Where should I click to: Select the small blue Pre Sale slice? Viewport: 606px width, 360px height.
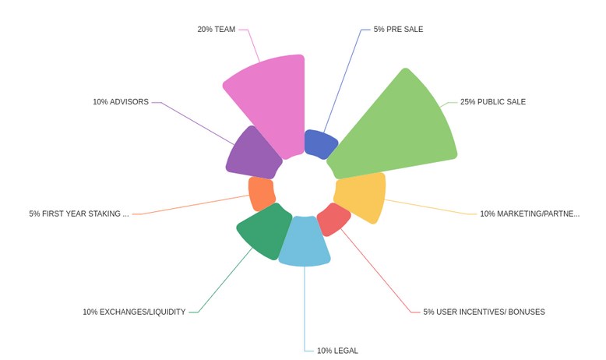[x=319, y=144]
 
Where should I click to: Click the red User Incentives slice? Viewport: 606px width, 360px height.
[x=333, y=219]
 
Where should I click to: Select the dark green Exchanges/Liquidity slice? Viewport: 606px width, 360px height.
[x=266, y=231]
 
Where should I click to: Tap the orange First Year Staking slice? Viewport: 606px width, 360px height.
[x=262, y=193]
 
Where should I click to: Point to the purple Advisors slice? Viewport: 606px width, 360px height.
[x=252, y=154]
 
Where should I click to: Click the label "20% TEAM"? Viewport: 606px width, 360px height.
[x=216, y=30]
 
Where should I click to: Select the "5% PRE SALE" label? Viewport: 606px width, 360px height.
[x=398, y=30]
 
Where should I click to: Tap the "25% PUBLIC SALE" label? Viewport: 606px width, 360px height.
[x=493, y=102]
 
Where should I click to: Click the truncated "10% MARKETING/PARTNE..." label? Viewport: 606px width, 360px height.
[x=530, y=214]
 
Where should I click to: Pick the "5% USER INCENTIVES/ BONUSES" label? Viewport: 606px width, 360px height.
[x=484, y=312]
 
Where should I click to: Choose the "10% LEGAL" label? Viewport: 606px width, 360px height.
[x=337, y=351]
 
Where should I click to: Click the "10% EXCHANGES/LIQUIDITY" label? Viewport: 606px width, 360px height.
[x=134, y=312]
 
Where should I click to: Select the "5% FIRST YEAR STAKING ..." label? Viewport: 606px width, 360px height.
[x=79, y=214]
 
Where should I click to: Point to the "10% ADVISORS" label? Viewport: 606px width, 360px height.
[x=121, y=102]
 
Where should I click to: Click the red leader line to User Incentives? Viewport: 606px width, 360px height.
[x=375, y=270]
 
